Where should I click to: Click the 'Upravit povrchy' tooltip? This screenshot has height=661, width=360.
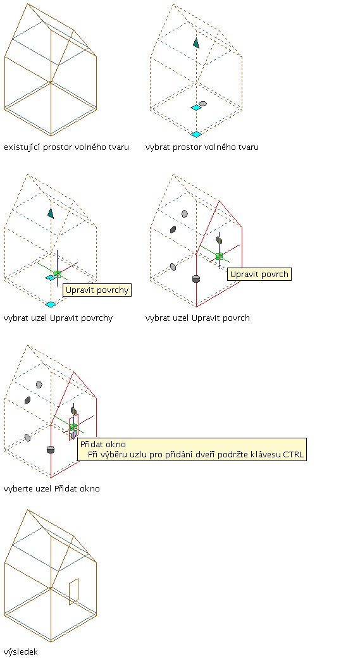point(97,290)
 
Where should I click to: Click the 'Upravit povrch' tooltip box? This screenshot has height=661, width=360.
point(259,274)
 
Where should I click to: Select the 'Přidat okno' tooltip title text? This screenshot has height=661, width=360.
point(103,444)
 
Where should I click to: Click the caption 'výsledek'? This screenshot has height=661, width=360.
point(21,652)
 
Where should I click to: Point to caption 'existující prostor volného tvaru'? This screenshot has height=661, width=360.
point(66,147)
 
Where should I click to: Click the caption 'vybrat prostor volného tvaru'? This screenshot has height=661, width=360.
point(202,147)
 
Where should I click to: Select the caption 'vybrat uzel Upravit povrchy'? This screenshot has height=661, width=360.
point(58,318)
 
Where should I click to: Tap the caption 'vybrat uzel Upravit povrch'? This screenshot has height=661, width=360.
point(197,318)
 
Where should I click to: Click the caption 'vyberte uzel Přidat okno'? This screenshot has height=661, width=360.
point(52,489)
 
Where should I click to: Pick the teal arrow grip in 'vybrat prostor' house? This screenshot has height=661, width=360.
point(196,42)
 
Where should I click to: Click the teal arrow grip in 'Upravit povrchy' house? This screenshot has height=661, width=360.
point(51,213)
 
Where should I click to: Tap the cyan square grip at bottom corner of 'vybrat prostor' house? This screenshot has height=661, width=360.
point(196,134)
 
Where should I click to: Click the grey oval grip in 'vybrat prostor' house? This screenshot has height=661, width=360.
point(202,104)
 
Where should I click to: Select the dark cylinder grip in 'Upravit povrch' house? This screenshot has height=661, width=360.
point(196,279)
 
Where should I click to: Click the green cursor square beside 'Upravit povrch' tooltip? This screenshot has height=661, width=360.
point(219,256)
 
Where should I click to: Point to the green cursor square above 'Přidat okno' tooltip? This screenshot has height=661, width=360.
point(74,427)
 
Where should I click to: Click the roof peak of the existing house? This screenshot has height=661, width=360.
point(28,4)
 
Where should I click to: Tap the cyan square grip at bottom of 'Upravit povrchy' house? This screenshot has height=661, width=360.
point(51,304)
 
